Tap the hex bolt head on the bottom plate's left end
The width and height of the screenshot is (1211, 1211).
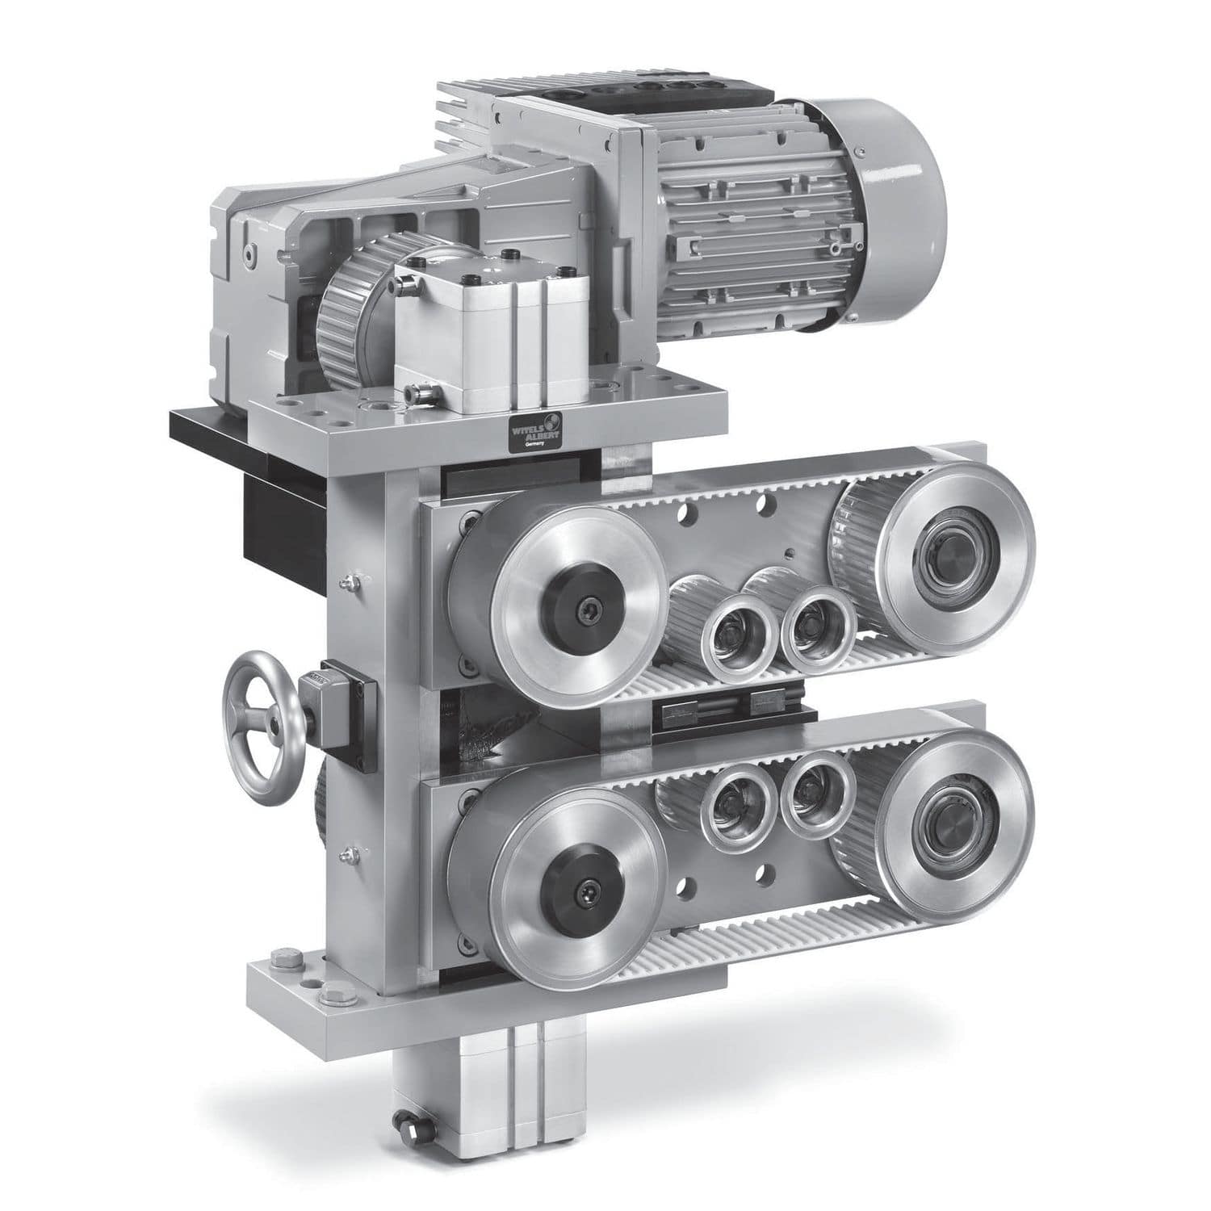[x=282, y=961]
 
